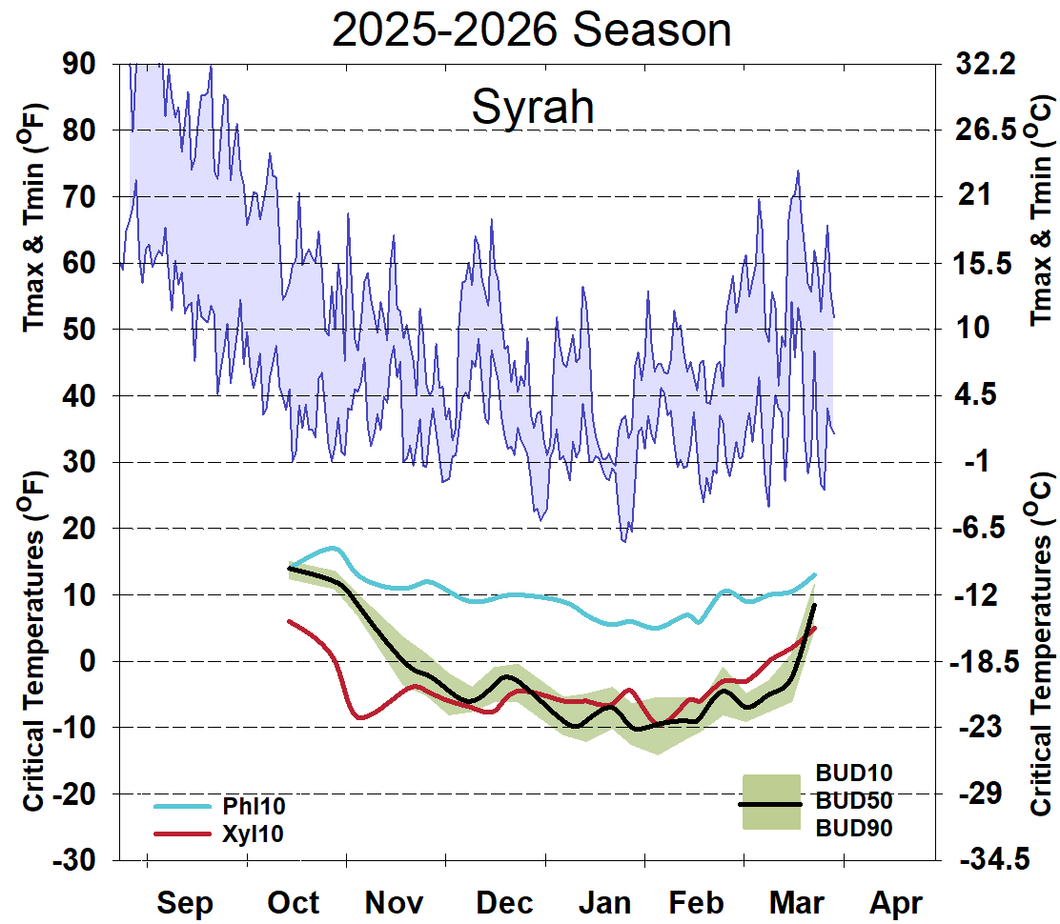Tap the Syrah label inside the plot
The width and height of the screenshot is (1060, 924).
pyautogui.click(x=533, y=107)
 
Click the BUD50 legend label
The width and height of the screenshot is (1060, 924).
pyautogui.click(x=853, y=800)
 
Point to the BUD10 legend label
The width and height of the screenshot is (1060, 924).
pyautogui.click(x=853, y=772)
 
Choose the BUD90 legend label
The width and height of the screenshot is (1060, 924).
pyautogui.click(x=853, y=829)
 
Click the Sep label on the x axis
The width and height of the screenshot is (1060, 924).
pyautogui.click(x=185, y=902)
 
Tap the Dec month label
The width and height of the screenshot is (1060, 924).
pyautogui.click(x=505, y=902)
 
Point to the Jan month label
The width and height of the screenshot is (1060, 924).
pyautogui.click(x=607, y=902)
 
